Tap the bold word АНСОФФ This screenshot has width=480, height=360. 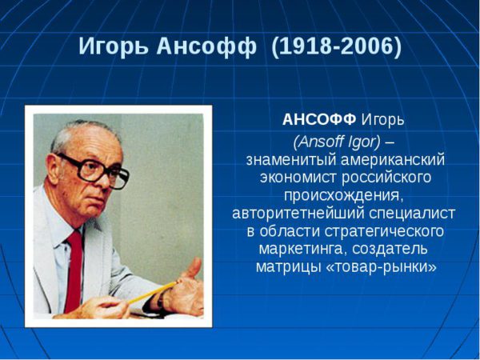coord(319,119)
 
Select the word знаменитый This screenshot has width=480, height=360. coord(290,160)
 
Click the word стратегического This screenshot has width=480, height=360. coord(384,232)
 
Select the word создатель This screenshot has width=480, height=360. coord(390,249)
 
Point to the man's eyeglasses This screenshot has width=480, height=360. coord(95,170)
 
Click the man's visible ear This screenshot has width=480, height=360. coord(54,169)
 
